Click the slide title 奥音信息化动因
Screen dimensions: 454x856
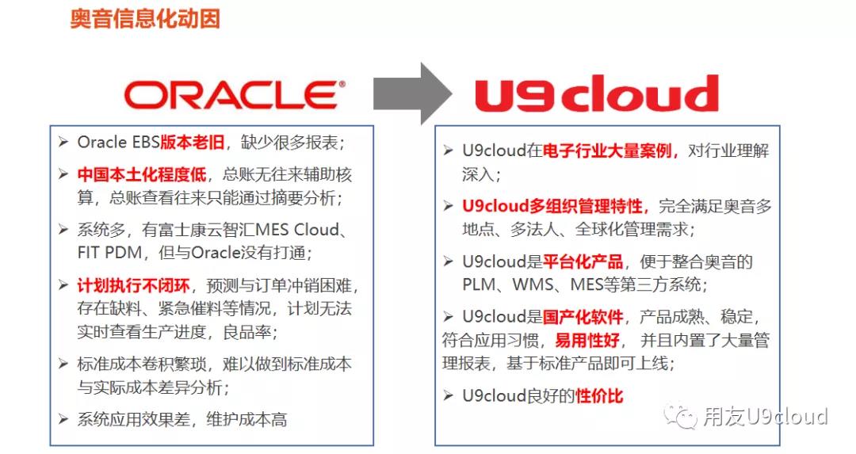[x=145, y=19]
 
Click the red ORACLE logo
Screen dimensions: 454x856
[x=235, y=95]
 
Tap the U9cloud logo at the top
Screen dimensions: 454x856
[x=596, y=96]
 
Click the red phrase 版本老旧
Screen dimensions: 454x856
[x=192, y=143]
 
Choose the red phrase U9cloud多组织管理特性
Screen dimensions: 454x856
[x=555, y=206]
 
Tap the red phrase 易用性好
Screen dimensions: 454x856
[x=587, y=341]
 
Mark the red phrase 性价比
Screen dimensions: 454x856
[x=599, y=395]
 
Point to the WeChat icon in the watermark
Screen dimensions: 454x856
[x=682, y=416]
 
